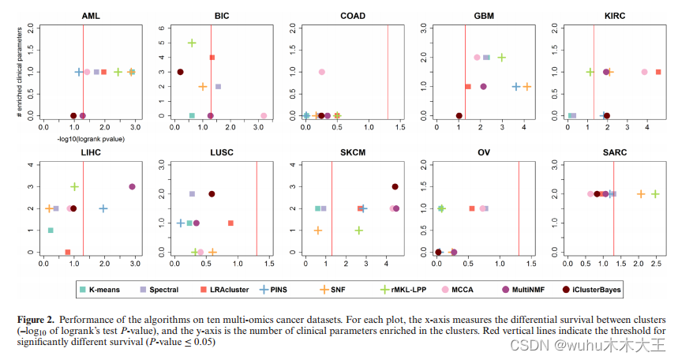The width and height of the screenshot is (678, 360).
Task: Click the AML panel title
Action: click(84, 16)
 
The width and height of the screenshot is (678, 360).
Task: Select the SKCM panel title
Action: click(352, 153)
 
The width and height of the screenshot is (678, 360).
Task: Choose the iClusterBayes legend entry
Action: click(590, 289)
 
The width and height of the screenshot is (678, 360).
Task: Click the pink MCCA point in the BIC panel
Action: click(264, 115)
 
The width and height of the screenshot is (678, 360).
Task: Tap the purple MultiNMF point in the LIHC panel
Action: click(132, 187)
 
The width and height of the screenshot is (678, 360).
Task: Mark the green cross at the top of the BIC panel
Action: click(192, 43)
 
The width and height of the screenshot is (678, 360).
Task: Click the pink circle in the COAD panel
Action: click(321, 72)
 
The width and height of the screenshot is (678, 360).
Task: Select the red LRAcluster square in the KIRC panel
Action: click(658, 72)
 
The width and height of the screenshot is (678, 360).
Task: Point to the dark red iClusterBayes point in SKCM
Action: click(395, 187)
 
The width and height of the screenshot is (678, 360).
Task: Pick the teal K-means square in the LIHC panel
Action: click(51, 231)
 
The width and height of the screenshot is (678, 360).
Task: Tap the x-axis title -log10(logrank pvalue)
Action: click(80, 139)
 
